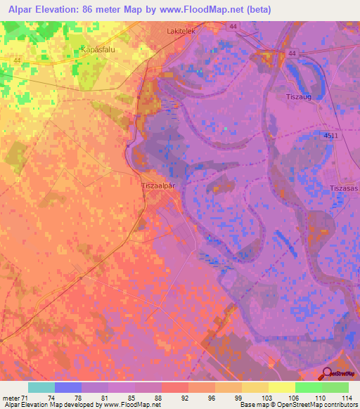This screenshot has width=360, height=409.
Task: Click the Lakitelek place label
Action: (x=181, y=32)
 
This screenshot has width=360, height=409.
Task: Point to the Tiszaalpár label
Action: (x=159, y=186)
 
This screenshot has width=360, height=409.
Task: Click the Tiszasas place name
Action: (x=345, y=188)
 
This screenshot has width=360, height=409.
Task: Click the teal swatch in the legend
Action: (x=41, y=387)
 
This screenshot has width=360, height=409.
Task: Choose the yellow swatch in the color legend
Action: (x=281, y=387)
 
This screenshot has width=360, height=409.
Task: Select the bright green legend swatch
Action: (x=308, y=387)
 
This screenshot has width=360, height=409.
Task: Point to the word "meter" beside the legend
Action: (x=11, y=398)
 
